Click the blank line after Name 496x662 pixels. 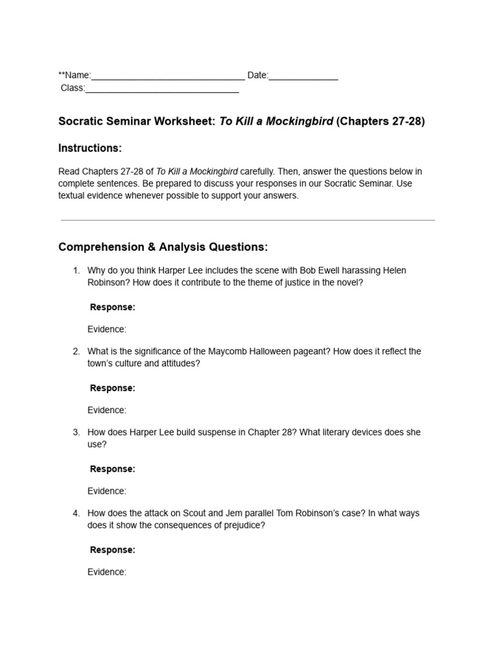click(168, 77)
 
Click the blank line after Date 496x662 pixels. click(304, 77)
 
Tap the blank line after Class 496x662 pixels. click(162, 89)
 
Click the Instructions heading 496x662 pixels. click(90, 148)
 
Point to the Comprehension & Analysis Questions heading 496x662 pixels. click(163, 247)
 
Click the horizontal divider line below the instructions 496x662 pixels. click(247, 220)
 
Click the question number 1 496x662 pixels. click(76, 270)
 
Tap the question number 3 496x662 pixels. click(76, 432)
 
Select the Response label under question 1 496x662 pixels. click(112, 307)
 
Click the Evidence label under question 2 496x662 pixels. click(107, 410)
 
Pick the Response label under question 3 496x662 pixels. click(112, 469)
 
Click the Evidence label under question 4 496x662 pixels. click(107, 571)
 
